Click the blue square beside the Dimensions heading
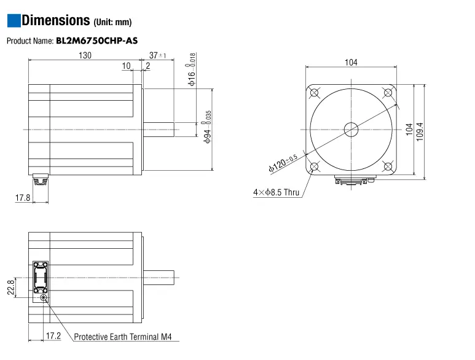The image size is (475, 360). pyautogui.click(x=13, y=20)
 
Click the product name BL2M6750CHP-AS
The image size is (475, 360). pyautogui.click(x=96, y=41)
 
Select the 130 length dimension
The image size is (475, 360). pyautogui.click(x=85, y=55)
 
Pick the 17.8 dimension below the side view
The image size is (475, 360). pyautogui.click(x=22, y=198)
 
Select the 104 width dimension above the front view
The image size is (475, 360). pyautogui.click(x=351, y=63)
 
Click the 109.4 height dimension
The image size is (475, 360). pyautogui.click(x=420, y=130)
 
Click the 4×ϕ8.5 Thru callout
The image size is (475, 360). pyautogui.click(x=276, y=192)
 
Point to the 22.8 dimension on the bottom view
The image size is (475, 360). pyautogui.click(x=10, y=288)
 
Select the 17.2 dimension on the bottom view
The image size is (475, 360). pyautogui.click(x=53, y=336)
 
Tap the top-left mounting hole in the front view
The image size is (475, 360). pyautogui.click(x=315, y=93)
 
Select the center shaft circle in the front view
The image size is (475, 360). pyautogui.click(x=351, y=130)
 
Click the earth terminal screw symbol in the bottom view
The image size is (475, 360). pyautogui.click(x=43, y=298)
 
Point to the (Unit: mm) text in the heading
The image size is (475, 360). pyautogui.click(x=112, y=23)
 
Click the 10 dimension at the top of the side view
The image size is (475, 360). pyautogui.click(x=126, y=66)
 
